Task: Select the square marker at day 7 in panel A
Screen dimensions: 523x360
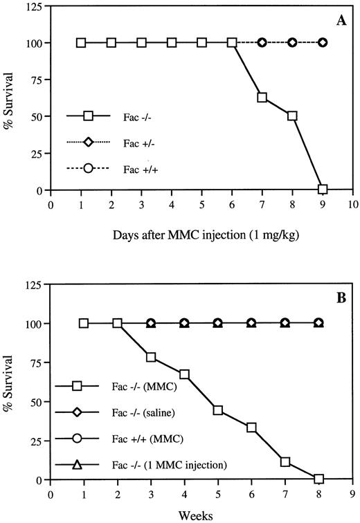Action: [x=262, y=98]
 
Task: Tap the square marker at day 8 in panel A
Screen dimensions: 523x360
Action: [x=292, y=116]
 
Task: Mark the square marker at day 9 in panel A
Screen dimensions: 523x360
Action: [x=323, y=189]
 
